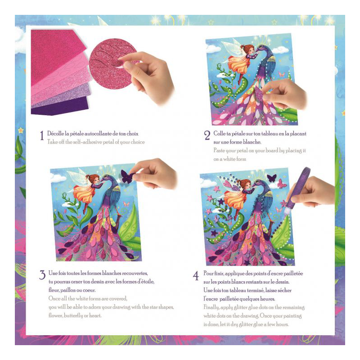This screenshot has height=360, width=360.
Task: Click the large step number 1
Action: tap(42, 135)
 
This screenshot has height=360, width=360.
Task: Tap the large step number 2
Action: tap(207, 135)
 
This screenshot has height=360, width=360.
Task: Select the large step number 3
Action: tap(42, 275)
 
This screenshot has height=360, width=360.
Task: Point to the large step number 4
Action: tap(196, 276)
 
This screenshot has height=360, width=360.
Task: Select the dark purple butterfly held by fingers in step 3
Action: tap(127, 176)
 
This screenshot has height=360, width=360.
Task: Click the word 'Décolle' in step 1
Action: tap(55, 133)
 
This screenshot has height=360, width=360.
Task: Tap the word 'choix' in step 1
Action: tap(132, 134)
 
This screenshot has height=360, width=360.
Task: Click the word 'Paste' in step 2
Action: tap(219, 150)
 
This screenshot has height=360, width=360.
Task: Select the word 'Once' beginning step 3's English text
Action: tap(54, 298)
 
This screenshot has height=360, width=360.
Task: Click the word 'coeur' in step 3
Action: tap(89, 290)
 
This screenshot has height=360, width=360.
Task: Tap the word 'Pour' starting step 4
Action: tap(208, 274)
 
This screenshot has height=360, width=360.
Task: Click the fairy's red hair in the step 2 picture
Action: tap(246, 48)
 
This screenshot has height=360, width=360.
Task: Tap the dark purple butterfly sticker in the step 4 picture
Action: tap(272, 178)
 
